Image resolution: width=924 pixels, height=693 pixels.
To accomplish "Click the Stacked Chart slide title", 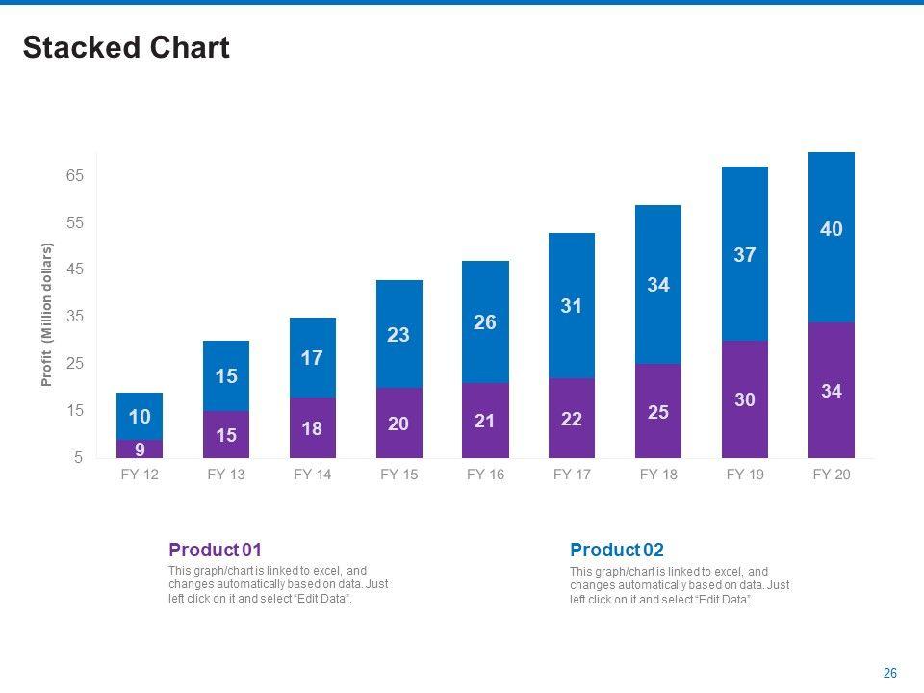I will (x=126, y=48).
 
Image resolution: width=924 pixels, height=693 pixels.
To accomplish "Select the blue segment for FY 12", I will (x=140, y=416).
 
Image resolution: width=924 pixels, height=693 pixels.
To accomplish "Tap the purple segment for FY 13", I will (x=226, y=434).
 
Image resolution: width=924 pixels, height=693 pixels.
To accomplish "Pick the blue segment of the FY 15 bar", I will (x=398, y=334).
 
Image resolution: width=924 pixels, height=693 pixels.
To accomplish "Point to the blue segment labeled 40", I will (x=832, y=237).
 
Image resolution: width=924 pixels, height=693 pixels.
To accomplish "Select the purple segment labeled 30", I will (x=745, y=399).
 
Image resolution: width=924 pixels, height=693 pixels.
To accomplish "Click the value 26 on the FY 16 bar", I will (x=485, y=322).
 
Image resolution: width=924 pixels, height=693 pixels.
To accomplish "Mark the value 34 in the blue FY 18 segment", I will (x=658, y=285).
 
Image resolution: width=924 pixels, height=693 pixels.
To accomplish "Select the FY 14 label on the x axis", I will (x=312, y=475).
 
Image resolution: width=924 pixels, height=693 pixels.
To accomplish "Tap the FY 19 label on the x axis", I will (x=745, y=475).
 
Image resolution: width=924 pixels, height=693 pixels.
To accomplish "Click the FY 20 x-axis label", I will (x=832, y=475).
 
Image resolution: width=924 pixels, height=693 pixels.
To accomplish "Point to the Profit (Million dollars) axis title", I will (x=46, y=316).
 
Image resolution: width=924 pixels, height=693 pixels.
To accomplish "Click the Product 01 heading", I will (x=215, y=550).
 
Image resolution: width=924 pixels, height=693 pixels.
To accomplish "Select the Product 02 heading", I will (x=616, y=550).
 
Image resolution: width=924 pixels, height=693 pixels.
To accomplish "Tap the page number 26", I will (x=890, y=673).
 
